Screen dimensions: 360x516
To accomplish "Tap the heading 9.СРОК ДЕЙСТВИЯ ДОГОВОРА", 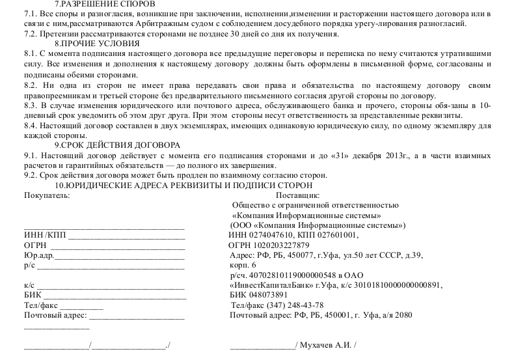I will coord(118,145).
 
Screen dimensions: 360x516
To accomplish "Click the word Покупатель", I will coord(45,195).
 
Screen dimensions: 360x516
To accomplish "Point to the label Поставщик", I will coord(297,195).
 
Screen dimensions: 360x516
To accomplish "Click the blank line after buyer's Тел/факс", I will coord(81,305).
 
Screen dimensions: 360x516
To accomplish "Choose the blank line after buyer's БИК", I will coord(115,295).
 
